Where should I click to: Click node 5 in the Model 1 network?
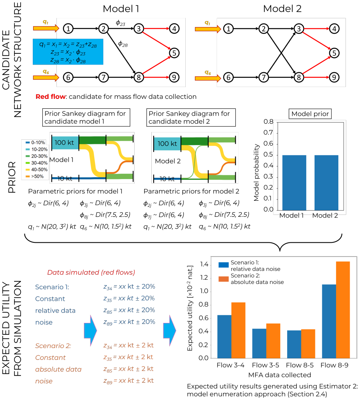174,53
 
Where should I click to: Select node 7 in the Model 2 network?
264,77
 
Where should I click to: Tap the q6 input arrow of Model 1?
46,77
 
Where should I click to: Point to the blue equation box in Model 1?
68,52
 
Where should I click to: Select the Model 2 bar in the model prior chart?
326,183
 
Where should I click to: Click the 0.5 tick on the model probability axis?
268,155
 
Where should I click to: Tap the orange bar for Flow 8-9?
343,310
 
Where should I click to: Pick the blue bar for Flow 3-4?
224,337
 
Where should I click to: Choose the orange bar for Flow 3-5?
273,340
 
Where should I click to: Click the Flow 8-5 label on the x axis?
300,365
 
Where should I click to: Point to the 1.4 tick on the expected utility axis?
204,264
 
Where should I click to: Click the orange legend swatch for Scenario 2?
223,279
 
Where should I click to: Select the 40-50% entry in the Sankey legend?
37,169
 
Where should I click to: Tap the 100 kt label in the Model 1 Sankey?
64,143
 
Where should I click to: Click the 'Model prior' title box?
310,114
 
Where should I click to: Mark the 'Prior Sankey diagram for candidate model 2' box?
191,117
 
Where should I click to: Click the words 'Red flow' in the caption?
51,97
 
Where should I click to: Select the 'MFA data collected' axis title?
280,375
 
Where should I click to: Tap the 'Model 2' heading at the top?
282,9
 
